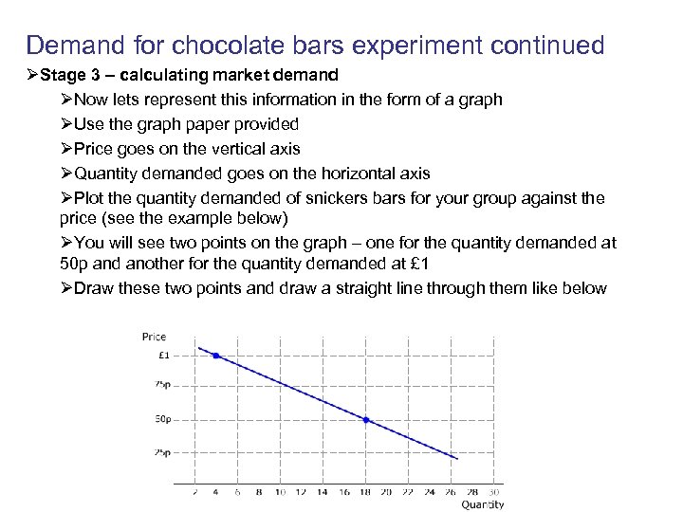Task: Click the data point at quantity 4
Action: coord(216,356)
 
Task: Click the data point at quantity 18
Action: coord(366,420)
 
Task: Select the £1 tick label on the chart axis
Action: coord(162,356)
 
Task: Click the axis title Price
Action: coord(154,336)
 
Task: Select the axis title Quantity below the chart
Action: coord(483,504)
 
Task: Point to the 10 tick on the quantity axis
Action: coord(280,491)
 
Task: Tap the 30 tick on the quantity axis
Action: coord(494,491)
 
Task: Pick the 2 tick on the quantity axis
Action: coord(195,491)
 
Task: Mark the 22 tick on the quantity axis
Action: coord(409,491)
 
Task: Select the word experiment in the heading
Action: coord(405,45)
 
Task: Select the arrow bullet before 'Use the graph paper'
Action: coord(65,124)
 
